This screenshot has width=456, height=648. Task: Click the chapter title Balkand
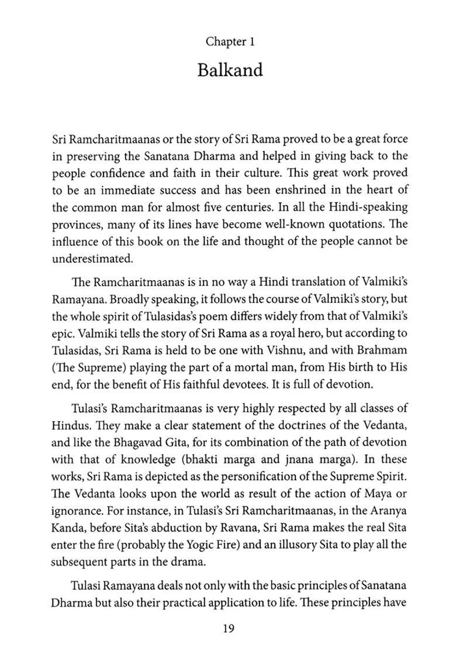pyautogui.click(x=230, y=70)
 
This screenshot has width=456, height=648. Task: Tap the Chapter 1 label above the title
pyautogui.click(x=230, y=42)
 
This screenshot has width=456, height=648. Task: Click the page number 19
pyautogui.click(x=229, y=629)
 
